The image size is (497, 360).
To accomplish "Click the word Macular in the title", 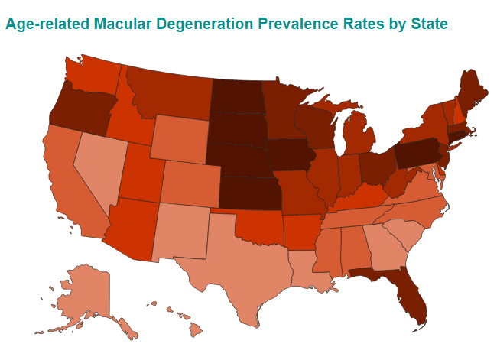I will click(x=141, y=24).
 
